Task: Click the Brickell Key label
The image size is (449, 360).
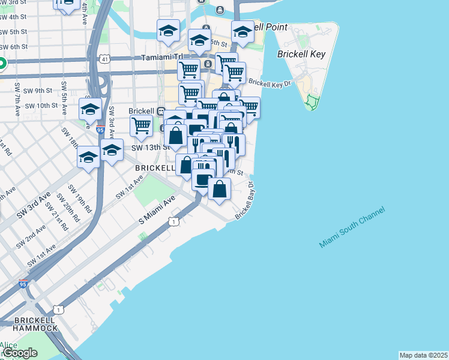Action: pyautogui.click(x=301, y=54)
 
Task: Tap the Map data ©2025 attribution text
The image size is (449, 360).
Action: pyautogui.click(x=423, y=355)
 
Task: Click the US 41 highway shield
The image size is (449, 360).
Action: pyautogui.click(x=105, y=59)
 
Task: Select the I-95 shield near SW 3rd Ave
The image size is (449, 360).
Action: pyautogui.click(x=100, y=129)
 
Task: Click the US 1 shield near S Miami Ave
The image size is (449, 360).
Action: pyautogui.click(x=173, y=222)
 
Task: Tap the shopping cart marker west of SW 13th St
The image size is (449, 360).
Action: pyautogui.click(x=141, y=126)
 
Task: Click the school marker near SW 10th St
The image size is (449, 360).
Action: pyautogui.click(x=90, y=109)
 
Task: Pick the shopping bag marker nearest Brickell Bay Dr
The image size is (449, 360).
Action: pyautogui.click(x=220, y=189)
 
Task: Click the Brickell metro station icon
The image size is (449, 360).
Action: pyautogui.click(x=161, y=111)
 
